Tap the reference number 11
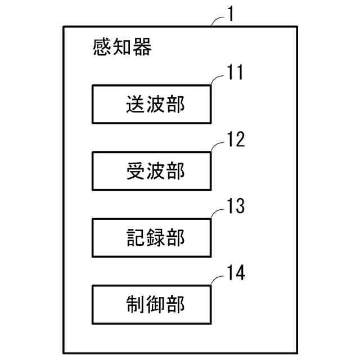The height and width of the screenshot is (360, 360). (235, 73)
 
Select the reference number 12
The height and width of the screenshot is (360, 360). (236, 139)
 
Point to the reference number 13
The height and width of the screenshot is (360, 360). (236, 206)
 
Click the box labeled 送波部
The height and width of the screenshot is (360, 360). (152, 104)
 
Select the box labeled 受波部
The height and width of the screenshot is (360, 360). (152, 171)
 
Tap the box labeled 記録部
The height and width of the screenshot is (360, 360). (152, 238)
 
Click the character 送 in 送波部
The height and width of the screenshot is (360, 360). (136, 105)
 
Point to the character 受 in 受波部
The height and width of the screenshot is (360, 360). (136, 172)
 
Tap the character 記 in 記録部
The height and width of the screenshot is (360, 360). (136, 238)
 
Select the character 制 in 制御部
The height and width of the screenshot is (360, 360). (136, 305)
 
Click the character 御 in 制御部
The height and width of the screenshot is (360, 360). (155, 305)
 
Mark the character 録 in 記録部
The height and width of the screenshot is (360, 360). (155, 238)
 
